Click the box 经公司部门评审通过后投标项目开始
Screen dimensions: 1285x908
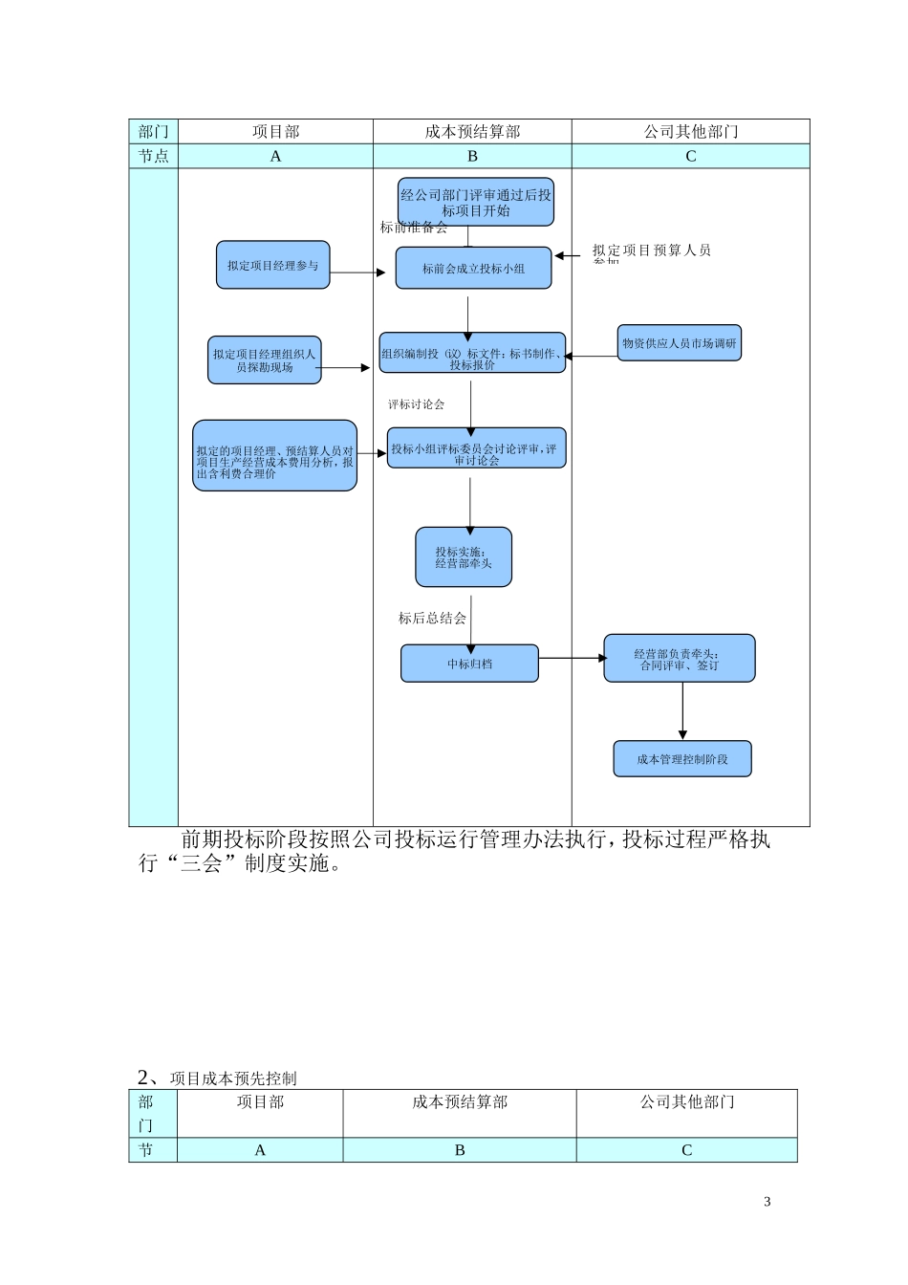(475, 202)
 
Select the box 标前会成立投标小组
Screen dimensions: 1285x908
(473, 269)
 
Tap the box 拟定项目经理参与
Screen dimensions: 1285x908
(272, 265)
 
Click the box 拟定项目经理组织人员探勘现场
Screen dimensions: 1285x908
(264, 360)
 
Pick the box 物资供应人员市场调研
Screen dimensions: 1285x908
(679, 343)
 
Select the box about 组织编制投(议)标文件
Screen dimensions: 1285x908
(472, 354)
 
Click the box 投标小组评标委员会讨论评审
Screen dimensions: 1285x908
(476, 448)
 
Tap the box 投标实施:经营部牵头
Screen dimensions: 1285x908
(464, 557)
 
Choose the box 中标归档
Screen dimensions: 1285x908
(469, 664)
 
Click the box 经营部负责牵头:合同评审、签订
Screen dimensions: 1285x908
(679, 659)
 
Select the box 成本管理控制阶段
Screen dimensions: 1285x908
(681, 759)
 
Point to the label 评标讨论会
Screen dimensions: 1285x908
(416, 404)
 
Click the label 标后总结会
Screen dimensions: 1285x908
(432, 619)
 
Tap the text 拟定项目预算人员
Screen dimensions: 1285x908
(651, 250)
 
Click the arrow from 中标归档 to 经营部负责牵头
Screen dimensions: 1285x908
(572, 658)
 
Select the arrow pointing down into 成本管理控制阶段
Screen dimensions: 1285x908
(682, 711)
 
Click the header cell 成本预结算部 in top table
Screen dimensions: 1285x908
(472, 132)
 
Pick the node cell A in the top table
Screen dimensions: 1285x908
(275, 157)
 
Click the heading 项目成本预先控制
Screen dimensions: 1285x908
(233, 1078)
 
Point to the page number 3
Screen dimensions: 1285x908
(767, 1202)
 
